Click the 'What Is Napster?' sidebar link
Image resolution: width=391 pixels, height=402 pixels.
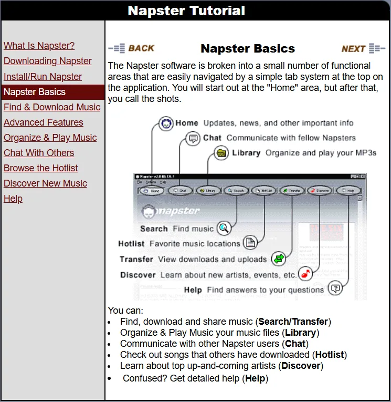tap(39, 46)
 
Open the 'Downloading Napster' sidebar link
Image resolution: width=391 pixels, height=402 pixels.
tap(47, 61)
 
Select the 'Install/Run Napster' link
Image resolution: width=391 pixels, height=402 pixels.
tap(43, 77)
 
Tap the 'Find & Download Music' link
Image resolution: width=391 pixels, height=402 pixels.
tap(51, 107)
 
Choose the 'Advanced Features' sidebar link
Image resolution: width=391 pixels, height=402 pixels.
tap(43, 122)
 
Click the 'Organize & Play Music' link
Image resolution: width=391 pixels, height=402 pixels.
tap(50, 138)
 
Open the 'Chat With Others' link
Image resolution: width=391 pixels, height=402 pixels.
tap(38, 153)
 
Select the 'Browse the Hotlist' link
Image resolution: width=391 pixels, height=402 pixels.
tap(40, 168)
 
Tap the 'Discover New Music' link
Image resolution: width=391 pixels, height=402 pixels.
tap(45, 183)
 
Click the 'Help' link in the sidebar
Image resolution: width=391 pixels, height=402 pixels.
tap(13, 199)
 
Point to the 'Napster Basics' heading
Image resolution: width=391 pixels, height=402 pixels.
tap(248, 49)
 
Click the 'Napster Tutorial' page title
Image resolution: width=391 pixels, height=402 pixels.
tap(186, 11)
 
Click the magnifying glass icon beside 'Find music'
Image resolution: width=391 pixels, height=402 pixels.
tap(224, 228)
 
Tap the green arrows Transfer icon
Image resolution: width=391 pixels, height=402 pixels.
tap(279, 259)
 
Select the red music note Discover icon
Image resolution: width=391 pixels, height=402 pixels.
tap(305, 274)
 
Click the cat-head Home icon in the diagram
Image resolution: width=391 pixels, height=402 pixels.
tap(166, 123)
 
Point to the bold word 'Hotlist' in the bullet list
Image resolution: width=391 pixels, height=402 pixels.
tap(330, 355)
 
